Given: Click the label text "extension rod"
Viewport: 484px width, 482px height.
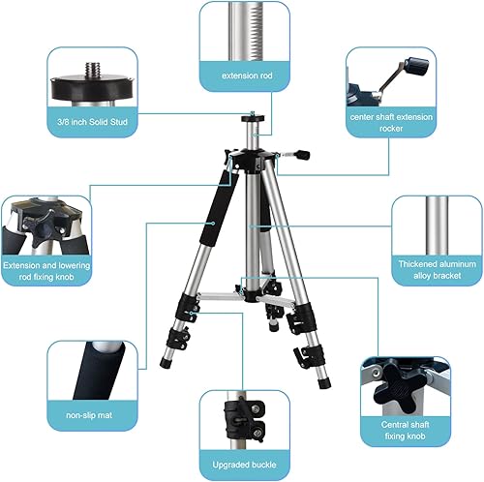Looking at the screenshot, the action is point(247,75).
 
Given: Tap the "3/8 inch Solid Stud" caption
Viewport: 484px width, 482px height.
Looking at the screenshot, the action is point(92,122).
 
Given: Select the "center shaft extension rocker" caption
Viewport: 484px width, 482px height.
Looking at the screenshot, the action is point(391,123).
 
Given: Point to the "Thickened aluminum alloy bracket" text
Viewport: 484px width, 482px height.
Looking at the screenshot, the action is point(438,270).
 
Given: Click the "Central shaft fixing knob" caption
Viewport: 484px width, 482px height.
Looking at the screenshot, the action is point(405,431).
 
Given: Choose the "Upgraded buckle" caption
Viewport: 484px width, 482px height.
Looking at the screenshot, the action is point(244,465).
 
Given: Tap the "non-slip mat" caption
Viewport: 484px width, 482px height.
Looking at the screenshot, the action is point(89,415).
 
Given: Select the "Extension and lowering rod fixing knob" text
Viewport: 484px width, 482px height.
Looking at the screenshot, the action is point(46,271).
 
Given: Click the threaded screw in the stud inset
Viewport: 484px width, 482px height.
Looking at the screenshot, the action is point(93,70).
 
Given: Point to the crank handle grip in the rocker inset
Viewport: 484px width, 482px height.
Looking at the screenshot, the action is point(417,67).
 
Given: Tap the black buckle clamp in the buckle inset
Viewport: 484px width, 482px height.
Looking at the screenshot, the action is point(245,418).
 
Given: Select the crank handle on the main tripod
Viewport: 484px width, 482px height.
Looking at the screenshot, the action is point(294,155).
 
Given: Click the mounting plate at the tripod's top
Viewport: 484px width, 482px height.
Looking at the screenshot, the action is point(253,118).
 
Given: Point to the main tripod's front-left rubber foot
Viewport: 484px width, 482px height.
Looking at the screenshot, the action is point(166,363).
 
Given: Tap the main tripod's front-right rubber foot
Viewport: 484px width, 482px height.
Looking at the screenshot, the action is point(324,383).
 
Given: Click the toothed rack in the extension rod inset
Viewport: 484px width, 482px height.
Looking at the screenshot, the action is point(255,31).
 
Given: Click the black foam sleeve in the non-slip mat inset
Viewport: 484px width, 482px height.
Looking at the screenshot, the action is point(99,371).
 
